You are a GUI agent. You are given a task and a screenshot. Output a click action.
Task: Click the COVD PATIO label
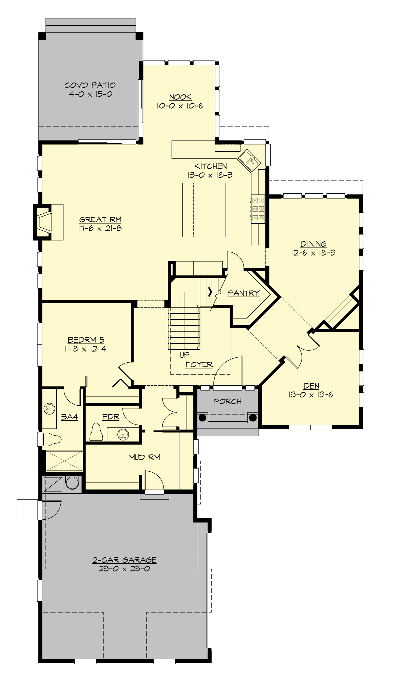[x=90, y=85]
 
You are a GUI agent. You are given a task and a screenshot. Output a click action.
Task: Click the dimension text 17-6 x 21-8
[x=100, y=229]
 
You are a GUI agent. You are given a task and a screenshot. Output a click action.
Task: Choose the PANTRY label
[x=244, y=293]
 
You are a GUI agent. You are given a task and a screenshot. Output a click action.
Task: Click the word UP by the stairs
[x=184, y=355]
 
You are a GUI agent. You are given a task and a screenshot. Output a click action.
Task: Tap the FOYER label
[x=199, y=365]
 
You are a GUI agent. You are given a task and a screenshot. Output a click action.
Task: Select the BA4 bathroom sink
[x=50, y=408]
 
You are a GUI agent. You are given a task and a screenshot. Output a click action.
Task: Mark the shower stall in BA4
[x=64, y=461]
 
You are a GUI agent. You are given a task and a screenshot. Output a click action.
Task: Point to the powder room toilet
[x=96, y=432]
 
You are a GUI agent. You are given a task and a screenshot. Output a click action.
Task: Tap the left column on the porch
[x=202, y=417]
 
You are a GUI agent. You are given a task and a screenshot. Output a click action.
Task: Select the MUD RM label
[x=144, y=457]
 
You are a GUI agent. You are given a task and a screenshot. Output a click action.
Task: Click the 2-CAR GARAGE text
[x=124, y=560]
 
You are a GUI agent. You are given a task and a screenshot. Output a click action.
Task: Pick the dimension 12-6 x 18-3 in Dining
[x=313, y=253]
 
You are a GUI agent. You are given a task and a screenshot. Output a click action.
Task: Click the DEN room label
[x=311, y=386]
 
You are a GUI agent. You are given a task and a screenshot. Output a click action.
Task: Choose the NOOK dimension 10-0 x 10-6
[x=180, y=106]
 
